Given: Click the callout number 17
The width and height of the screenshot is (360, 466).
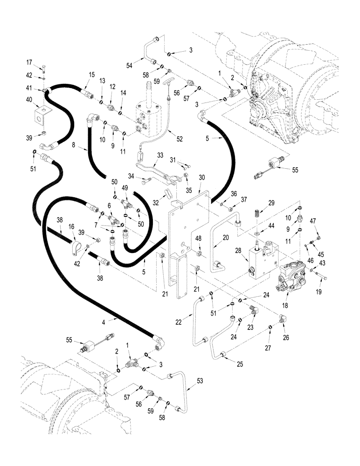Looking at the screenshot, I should tap(29, 62).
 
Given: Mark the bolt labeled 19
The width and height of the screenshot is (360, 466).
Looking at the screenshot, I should tap(322, 277).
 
